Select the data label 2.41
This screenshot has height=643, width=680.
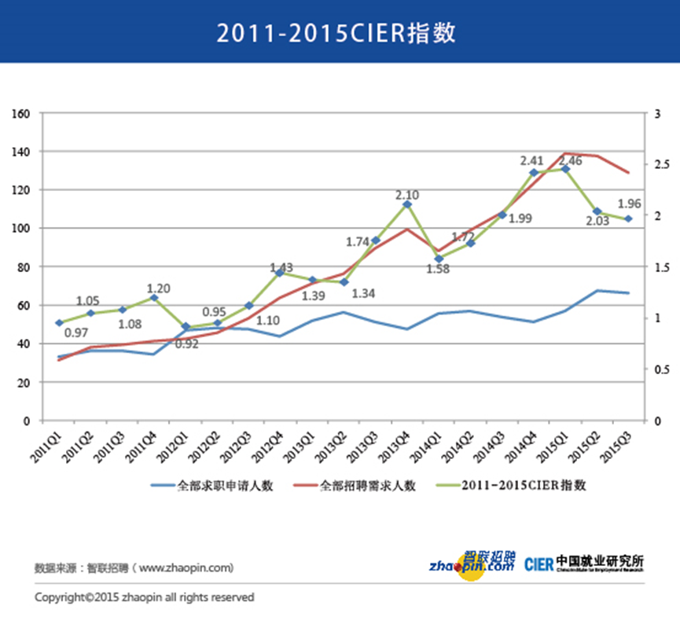[532, 161]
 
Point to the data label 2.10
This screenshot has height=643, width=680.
[406, 194]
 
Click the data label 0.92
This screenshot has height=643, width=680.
[186, 343]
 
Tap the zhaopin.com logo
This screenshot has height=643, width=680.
[472, 564]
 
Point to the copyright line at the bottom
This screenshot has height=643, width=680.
[144, 597]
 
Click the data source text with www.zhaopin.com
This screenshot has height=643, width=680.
[134, 567]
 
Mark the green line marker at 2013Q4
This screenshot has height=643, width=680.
[407, 204]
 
